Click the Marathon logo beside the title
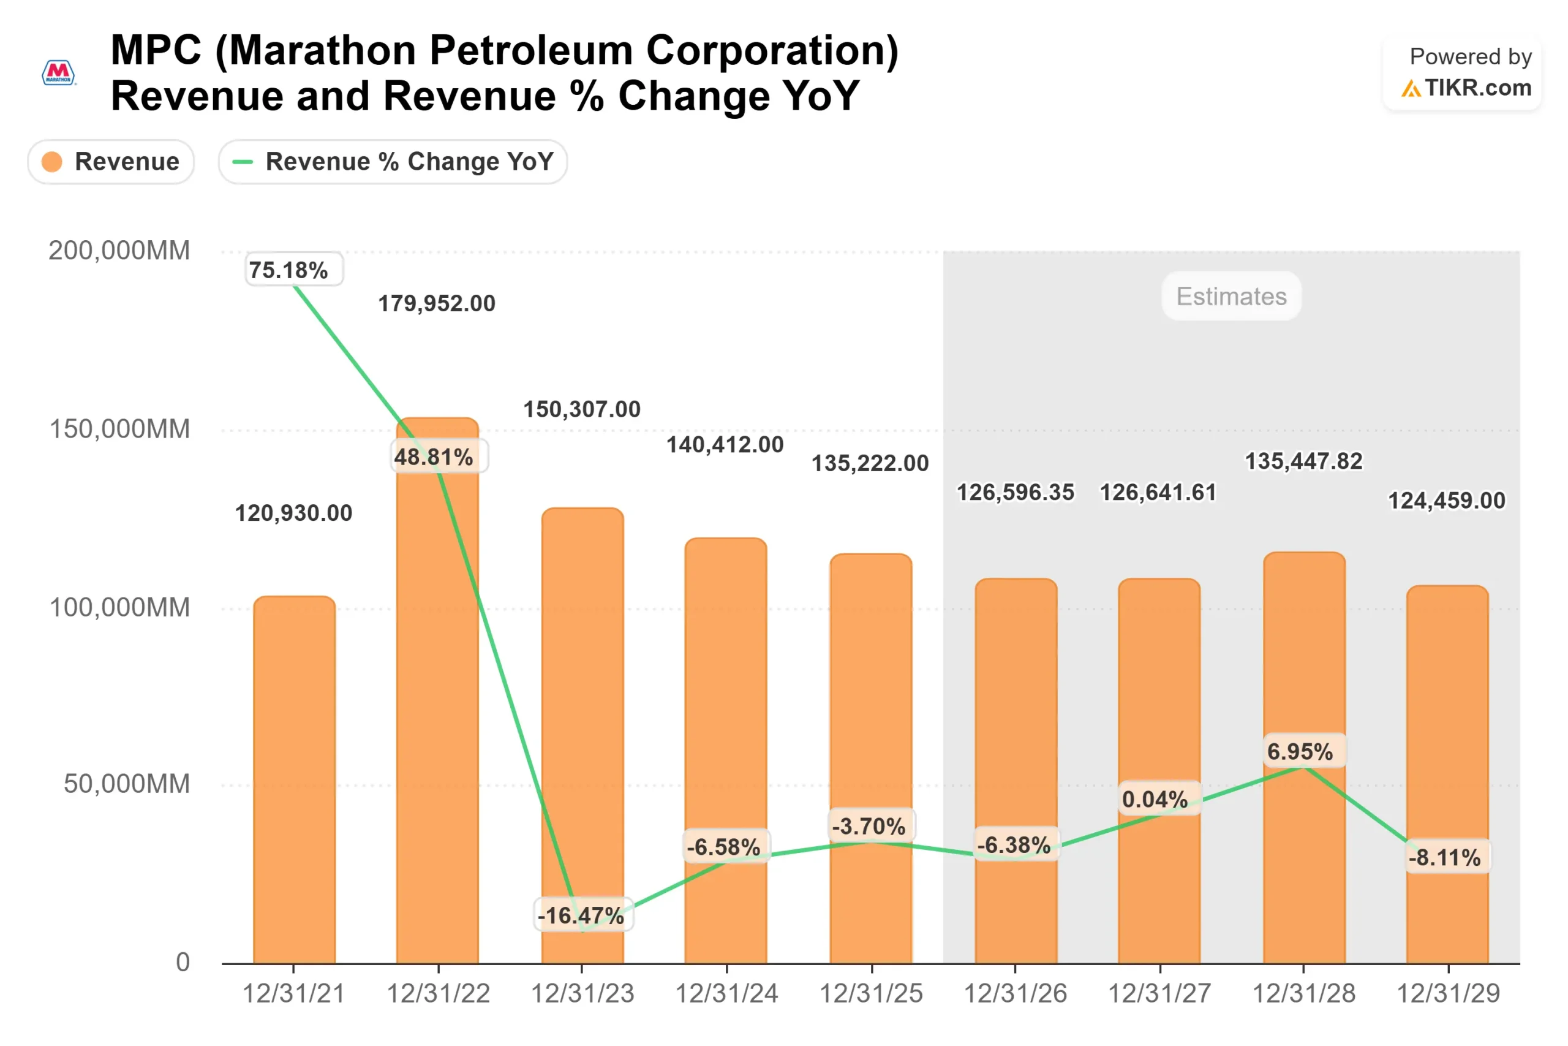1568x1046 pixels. click(x=59, y=73)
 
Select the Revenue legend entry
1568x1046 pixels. click(x=111, y=161)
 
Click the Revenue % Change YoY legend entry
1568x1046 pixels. click(x=393, y=161)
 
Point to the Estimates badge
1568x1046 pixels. click(x=1231, y=296)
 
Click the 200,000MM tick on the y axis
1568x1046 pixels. click(x=119, y=251)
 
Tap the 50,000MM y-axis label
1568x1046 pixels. click(x=127, y=784)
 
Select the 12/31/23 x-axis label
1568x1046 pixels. click(x=582, y=993)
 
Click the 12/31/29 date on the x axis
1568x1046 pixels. click(x=1448, y=993)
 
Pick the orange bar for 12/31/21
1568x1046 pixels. click(x=294, y=781)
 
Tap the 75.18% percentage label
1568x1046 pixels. click(x=288, y=270)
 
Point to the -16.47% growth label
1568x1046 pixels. click(x=581, y=915)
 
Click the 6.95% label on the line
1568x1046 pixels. click(x=1300, y=752)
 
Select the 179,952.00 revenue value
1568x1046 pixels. click(x=437, y=303)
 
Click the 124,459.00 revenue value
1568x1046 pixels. click(x=1447, y=500)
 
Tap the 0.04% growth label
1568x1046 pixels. click(x=1155, y=799)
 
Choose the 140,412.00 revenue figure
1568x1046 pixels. click(x=725, y=444)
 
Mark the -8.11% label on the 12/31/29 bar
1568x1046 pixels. click(x=1445, y=857)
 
